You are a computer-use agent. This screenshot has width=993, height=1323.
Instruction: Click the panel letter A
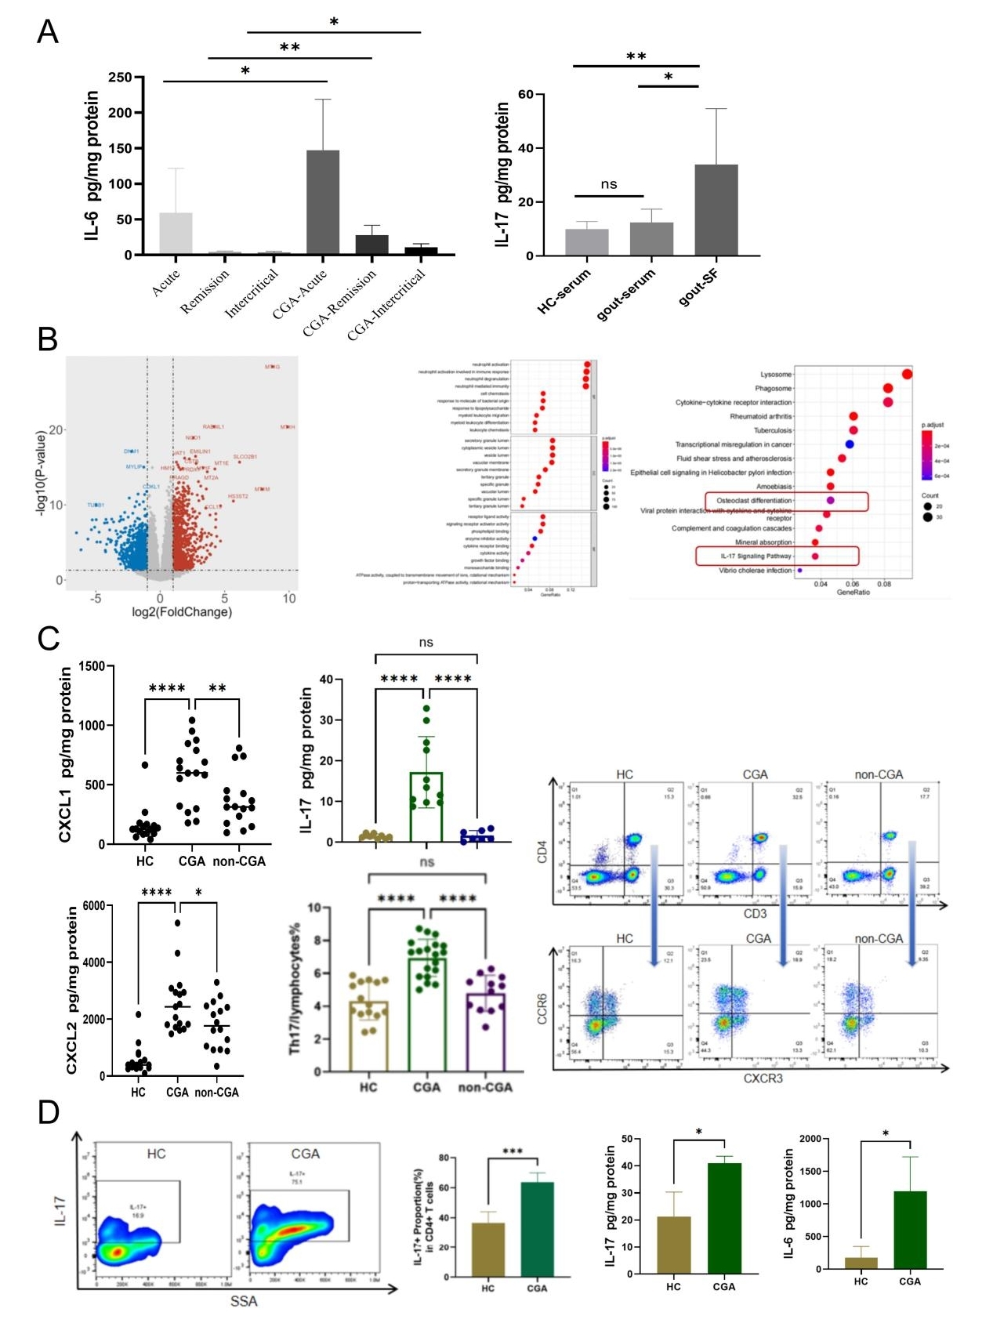48,32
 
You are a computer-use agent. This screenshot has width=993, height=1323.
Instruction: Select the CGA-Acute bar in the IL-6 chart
323,202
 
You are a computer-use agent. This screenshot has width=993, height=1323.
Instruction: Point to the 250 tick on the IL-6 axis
120,78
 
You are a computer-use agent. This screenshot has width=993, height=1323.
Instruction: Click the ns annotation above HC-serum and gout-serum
609,185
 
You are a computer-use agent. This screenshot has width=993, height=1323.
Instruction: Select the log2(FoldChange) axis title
182,612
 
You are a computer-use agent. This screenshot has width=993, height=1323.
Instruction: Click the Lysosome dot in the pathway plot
907,374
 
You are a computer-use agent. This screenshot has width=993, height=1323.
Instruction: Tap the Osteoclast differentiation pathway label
754,500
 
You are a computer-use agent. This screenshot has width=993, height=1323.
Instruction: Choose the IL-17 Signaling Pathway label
756,556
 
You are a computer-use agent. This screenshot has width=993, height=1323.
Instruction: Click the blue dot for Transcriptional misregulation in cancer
850,444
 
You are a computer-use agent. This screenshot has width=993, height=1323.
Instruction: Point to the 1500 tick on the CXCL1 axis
91,666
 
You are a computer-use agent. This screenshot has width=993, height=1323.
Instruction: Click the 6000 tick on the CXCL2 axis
93,906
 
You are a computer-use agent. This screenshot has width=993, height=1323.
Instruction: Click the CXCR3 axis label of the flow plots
763,1078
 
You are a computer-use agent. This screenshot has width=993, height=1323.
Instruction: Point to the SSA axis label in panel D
244,1301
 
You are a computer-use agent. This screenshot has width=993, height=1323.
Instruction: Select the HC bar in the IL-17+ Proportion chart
487,1249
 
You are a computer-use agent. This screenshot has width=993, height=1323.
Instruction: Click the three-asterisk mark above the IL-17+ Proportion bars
512,1152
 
